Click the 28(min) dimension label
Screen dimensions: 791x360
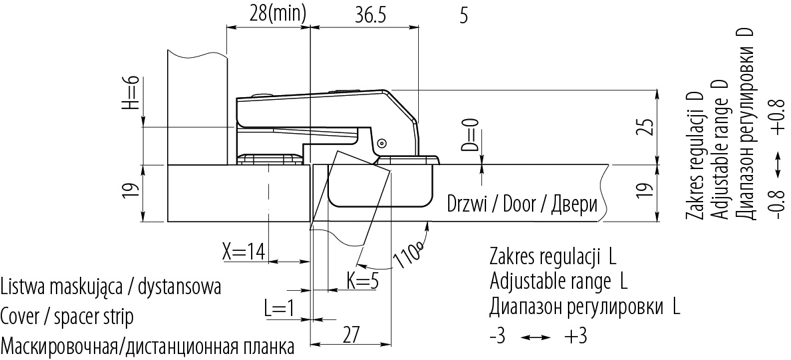pos(278,15)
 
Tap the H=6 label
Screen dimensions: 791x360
pos(132,92)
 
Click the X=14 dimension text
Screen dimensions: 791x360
pos(244,251)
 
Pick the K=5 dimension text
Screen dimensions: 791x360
pos(363,281)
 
